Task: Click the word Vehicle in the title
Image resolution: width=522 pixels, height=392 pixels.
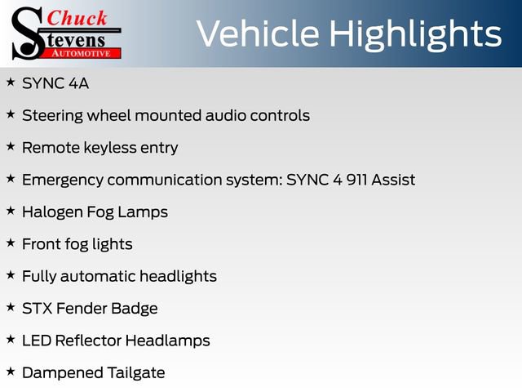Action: [x=258, y=33]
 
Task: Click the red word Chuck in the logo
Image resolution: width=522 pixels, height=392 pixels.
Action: [x=77, y=18]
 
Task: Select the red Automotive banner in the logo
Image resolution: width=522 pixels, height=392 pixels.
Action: [x=82, y=53]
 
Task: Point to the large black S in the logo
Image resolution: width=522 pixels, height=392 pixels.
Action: [x=27, y=33]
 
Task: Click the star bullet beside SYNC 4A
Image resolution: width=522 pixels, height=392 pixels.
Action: [x=11, y=82]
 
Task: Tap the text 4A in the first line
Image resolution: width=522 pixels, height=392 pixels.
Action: [x=78, y=83]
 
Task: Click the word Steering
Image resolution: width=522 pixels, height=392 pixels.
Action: [x=52, y=116]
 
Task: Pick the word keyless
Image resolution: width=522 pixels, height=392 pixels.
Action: [x=110, y=148]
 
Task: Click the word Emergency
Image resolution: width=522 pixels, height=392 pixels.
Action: [x=63, y=180]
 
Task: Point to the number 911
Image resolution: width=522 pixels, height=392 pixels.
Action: [x=356, y=180]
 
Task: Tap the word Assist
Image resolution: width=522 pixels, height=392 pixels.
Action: [x=393, y=180]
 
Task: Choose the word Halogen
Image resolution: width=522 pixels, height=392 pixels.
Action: [x=52, y=212]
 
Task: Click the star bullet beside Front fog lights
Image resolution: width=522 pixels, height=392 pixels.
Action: [x=11, y=243]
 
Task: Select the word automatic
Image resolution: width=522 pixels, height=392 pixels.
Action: [x=98, y=276]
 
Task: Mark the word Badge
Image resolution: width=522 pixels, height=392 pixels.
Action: [x=134, y=309]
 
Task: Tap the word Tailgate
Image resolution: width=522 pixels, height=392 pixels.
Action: [x=136, y=373]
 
